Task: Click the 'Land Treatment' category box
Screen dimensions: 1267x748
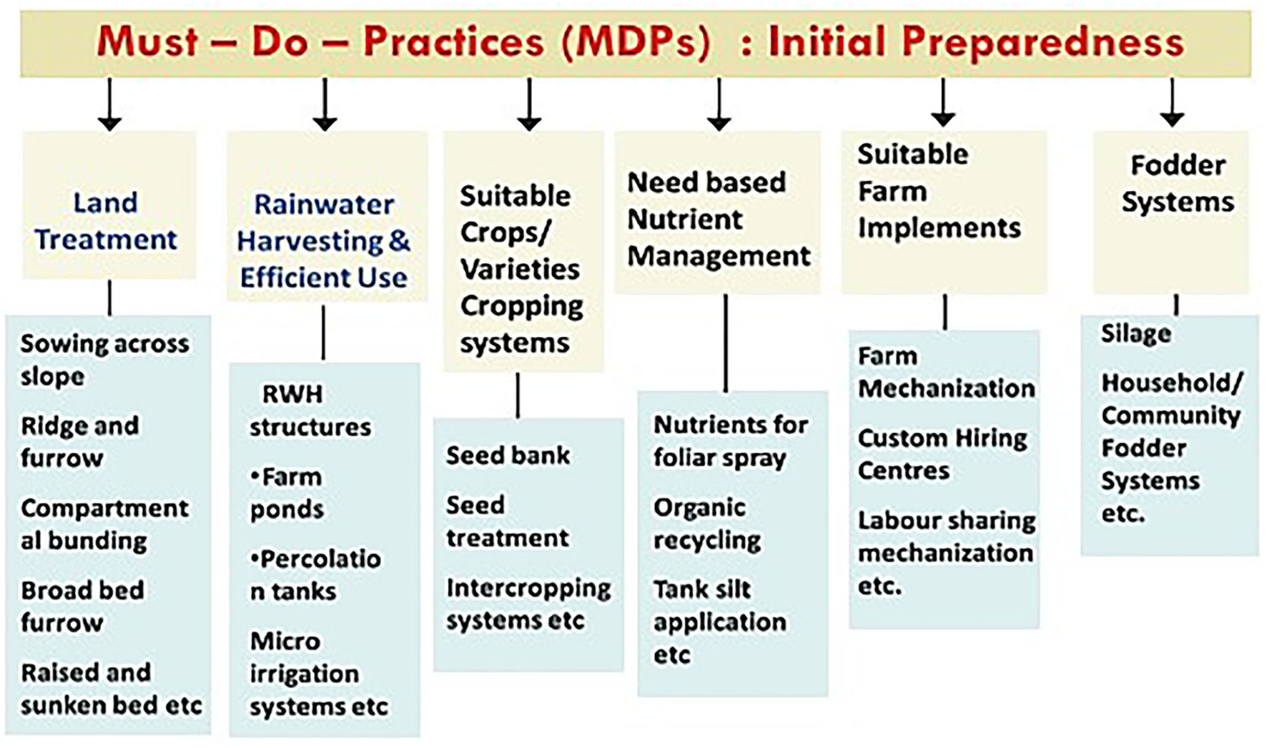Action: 109,205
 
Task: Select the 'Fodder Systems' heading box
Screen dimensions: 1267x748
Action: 1171,212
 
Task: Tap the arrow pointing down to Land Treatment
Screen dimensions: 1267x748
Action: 109,104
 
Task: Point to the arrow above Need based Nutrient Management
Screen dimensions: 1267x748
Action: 719,104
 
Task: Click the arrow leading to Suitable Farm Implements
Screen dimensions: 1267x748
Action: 943,103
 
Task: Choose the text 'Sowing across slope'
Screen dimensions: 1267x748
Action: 104,360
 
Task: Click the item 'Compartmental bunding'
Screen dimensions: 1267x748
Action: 104,524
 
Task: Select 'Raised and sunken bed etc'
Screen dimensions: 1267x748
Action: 112,689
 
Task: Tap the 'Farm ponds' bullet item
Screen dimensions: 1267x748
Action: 287,493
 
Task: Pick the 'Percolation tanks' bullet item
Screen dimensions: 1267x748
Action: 315,575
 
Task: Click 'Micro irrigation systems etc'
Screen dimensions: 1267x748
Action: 319,674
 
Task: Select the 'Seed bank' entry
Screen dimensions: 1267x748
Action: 508,455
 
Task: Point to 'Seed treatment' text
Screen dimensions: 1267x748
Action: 508,521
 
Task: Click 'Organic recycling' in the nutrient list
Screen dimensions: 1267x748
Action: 707,523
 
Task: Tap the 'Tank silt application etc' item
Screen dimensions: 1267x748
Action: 719,621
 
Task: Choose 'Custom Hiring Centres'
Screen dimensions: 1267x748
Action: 942,454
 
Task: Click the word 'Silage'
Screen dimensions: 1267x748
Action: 1135,333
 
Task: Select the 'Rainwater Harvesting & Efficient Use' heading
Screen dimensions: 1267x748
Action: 324,241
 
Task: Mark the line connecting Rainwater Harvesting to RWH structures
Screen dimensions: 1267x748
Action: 323,333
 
